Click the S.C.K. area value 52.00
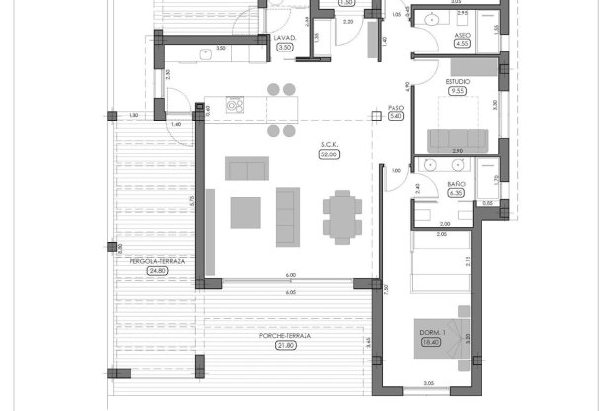[329, 154]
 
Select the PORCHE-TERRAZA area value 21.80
[286, 345]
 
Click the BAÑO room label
[456, 184]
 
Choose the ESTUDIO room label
[457, 81]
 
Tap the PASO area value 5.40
[397, 116]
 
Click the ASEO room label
[462, 34]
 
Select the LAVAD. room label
[286, 37]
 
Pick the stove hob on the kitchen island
[235, 103]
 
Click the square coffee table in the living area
[245, 212]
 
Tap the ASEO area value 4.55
[462, 44]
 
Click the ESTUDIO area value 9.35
[457, 91]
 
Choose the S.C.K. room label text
[329, 145]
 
